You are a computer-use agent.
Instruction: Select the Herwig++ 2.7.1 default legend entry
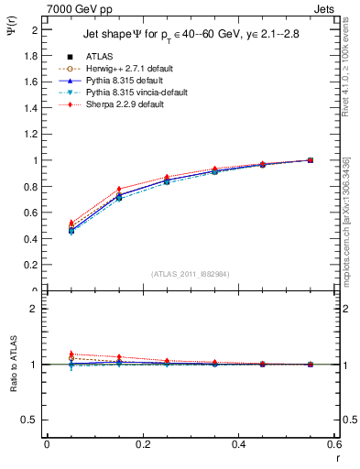[122, 70]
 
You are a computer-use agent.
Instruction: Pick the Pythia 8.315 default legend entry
[119, 82]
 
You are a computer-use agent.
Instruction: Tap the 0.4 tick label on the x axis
[238, 443]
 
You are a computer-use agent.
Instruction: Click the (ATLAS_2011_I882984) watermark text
[191, 273]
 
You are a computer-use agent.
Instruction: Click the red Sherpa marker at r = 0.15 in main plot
[119, 190]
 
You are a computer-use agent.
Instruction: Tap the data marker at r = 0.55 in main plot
[311, 160]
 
